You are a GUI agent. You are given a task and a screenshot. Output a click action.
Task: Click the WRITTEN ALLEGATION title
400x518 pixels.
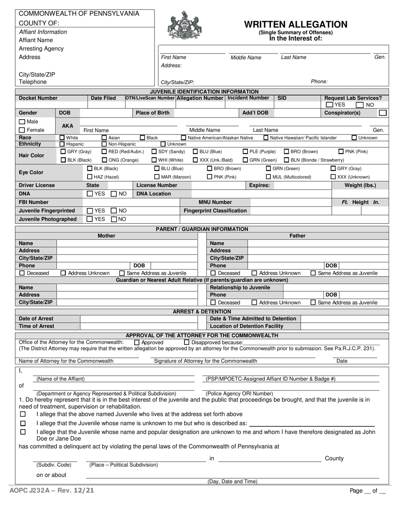(x=296, y=24)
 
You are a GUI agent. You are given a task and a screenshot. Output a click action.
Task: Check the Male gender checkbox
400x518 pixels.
(x=22, y=122)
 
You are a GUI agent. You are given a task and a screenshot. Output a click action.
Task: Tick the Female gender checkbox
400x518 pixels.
(x=22, y=130)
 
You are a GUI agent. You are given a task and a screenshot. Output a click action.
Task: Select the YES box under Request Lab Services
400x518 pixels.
(x=330, y=105)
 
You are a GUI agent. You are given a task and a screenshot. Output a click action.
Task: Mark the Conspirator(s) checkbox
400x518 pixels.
(x=382, y=113)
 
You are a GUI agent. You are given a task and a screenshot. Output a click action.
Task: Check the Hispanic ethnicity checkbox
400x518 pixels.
(x=62, y=144)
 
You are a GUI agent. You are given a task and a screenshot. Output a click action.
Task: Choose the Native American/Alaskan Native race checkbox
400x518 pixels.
(x=184, y=138)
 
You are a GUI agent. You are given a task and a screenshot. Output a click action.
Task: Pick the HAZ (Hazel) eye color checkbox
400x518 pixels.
(x=89, y=177)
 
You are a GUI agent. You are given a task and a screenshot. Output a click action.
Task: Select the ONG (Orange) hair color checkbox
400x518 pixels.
(x=104, y=160)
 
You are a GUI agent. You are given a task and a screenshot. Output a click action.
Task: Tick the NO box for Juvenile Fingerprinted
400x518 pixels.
(x=114, y=211)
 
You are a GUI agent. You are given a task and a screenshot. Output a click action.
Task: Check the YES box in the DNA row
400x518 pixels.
(x=90, y=194)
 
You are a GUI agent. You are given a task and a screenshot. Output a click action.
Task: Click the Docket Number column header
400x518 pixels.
(x=38, y=98)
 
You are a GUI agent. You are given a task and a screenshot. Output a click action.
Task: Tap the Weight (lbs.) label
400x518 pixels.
(x=360, y=185)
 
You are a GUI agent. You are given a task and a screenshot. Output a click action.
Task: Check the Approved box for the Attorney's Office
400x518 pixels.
(x=137, y=342)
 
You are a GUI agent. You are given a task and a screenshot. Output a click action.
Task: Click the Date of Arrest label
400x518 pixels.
(x=36, y=318)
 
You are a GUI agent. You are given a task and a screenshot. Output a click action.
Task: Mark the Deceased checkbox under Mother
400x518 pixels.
(x=22, y=273)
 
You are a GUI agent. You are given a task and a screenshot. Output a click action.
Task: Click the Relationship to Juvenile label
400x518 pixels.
(x=240, y=288)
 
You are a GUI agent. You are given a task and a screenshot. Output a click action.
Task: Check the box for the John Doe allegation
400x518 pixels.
(x=23, y=432)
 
